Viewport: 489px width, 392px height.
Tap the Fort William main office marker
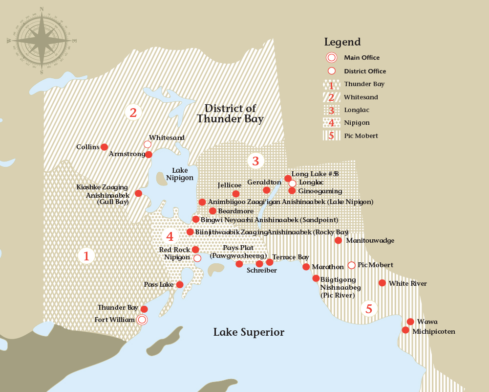point(142,320)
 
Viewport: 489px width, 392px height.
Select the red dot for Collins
point(104,147)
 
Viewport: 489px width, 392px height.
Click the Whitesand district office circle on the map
point(147,144)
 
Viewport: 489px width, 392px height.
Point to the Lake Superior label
point(249,332)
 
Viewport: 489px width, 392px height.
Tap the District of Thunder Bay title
point(230,114)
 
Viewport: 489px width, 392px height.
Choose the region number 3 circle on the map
point(255,161)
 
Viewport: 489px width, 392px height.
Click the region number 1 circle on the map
point(86,255)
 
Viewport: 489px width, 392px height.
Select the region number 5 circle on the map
point(369,309)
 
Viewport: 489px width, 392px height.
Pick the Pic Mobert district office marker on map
point(351,265)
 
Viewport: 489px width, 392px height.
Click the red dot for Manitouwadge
point(338,240)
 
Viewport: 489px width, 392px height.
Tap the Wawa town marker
point(410,322)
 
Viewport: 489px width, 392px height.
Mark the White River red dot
point(382,283)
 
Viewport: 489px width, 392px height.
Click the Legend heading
point(342,42)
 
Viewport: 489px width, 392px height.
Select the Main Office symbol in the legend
point(331,58)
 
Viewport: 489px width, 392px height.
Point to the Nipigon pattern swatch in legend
point(331,123)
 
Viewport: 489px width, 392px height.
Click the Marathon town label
point(327,267)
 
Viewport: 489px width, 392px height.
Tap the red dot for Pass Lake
point(180,284)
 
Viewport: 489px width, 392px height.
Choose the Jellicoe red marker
point(236,194)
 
